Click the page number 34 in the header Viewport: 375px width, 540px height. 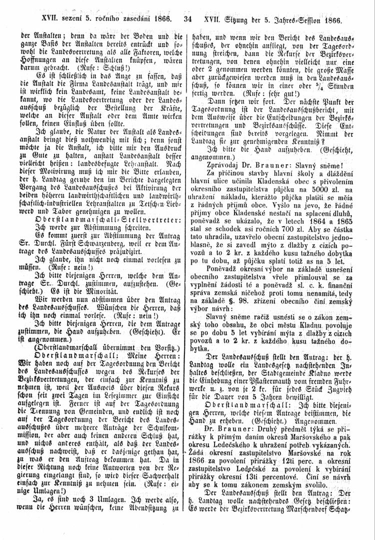point(188,21)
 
